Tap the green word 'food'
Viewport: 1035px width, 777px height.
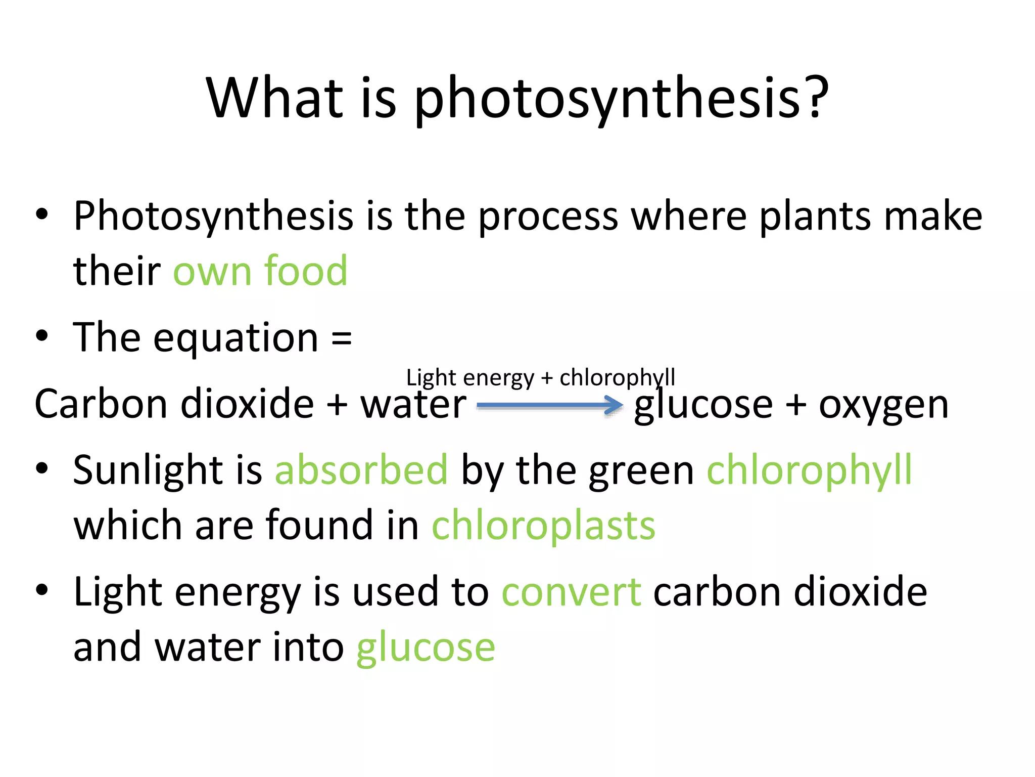point(306,271)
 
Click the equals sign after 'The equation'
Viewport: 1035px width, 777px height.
point(342,338)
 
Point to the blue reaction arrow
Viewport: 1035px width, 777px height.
point(550,405)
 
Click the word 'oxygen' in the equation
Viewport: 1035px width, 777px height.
point(883,406)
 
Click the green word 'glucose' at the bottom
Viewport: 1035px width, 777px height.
point(426,648)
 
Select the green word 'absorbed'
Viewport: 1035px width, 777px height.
point(361,470)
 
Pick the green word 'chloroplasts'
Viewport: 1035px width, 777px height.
point(543,526)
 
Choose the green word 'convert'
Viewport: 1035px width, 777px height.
point(571,592)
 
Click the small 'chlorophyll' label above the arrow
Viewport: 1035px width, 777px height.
point(617,378)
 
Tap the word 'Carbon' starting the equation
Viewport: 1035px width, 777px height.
point(101,404)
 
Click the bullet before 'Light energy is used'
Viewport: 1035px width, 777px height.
point(42,589)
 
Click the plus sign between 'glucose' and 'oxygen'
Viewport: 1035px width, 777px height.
point(796,405)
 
